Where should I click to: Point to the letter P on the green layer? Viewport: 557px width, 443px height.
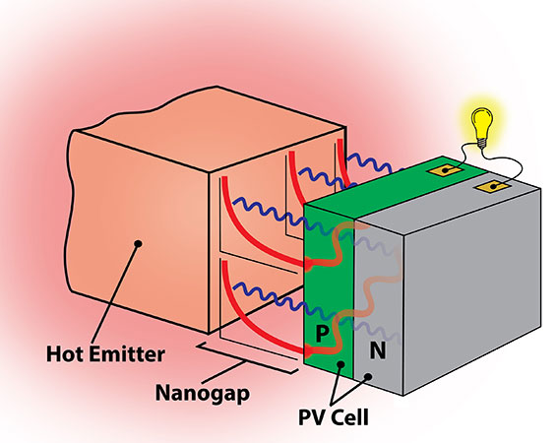click(x=322, y=336)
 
